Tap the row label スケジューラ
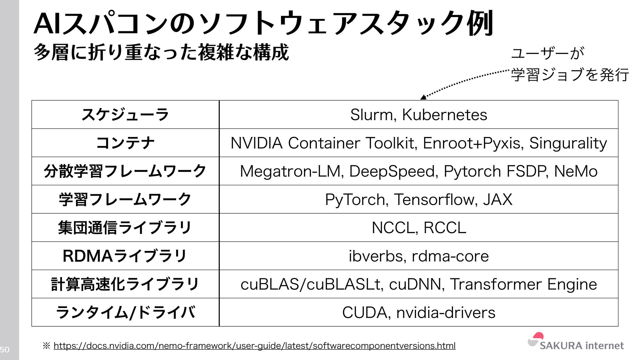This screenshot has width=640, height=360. tap(125, 115)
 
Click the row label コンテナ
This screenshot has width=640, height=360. tap(125, 143)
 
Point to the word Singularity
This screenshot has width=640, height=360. tap(568, 143)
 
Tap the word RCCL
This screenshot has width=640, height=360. tap(445, 228)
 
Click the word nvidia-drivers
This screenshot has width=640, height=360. tap(446, 313)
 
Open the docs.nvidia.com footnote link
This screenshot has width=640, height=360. tap(254, 346)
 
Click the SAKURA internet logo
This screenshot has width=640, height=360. tap(576, 342)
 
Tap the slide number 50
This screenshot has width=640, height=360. tap(5, 350)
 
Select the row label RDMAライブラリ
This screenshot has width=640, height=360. tap(125, 256)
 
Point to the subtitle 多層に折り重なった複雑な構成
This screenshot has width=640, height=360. tap(161, 53)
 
